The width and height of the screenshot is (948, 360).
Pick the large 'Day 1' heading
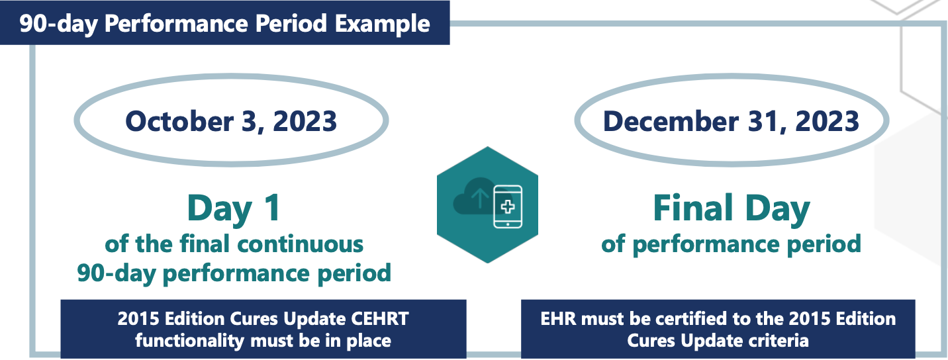[234, 208]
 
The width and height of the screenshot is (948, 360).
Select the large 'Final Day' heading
[731, 208]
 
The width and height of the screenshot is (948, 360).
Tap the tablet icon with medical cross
[508, 206]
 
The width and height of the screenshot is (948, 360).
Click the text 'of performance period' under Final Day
[731, 244]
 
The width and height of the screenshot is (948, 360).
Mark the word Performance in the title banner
[218, 24]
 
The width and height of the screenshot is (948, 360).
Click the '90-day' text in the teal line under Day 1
[115, 272]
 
